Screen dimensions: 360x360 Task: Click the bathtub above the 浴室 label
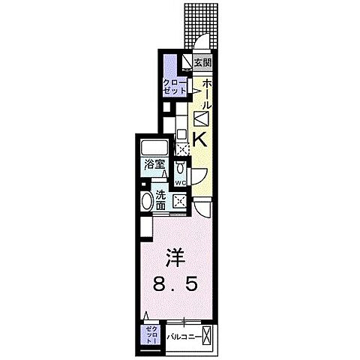(x=156, y=145)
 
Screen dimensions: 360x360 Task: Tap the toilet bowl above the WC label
(x=181, y=169)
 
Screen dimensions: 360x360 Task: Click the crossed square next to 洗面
(x=180, y=200)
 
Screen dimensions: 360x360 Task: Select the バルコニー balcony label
(x=183, y=337)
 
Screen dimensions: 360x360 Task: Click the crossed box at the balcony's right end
(x=208, y=335)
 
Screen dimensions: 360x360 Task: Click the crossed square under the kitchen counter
(x=181, y=148)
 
